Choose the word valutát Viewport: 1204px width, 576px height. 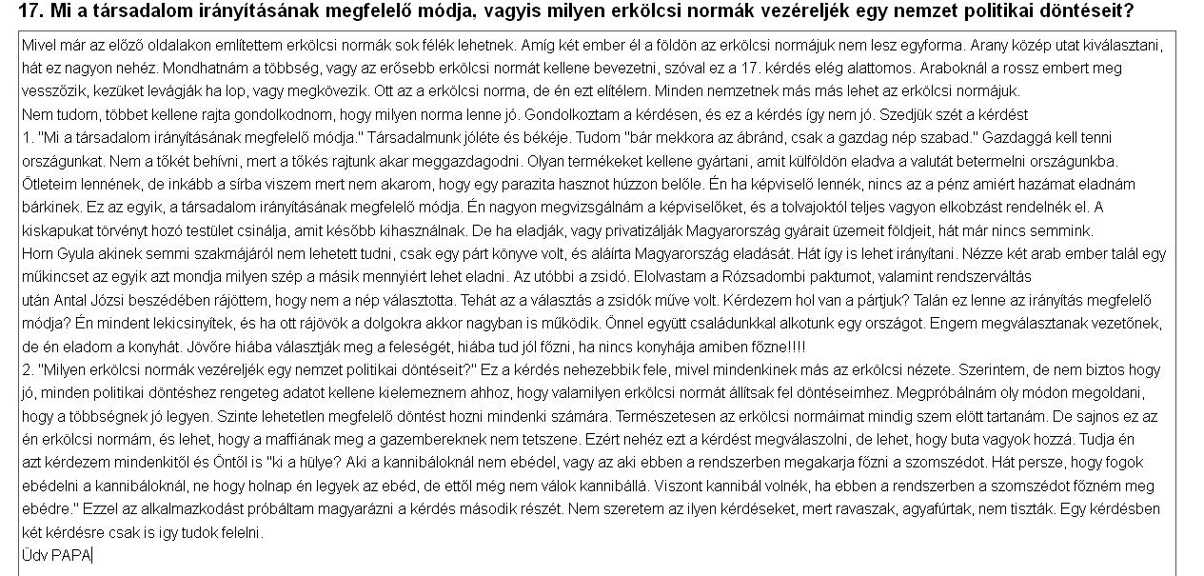[924, 161]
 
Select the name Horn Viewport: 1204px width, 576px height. [38, 253]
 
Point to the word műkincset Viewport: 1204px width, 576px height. [55, 276]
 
